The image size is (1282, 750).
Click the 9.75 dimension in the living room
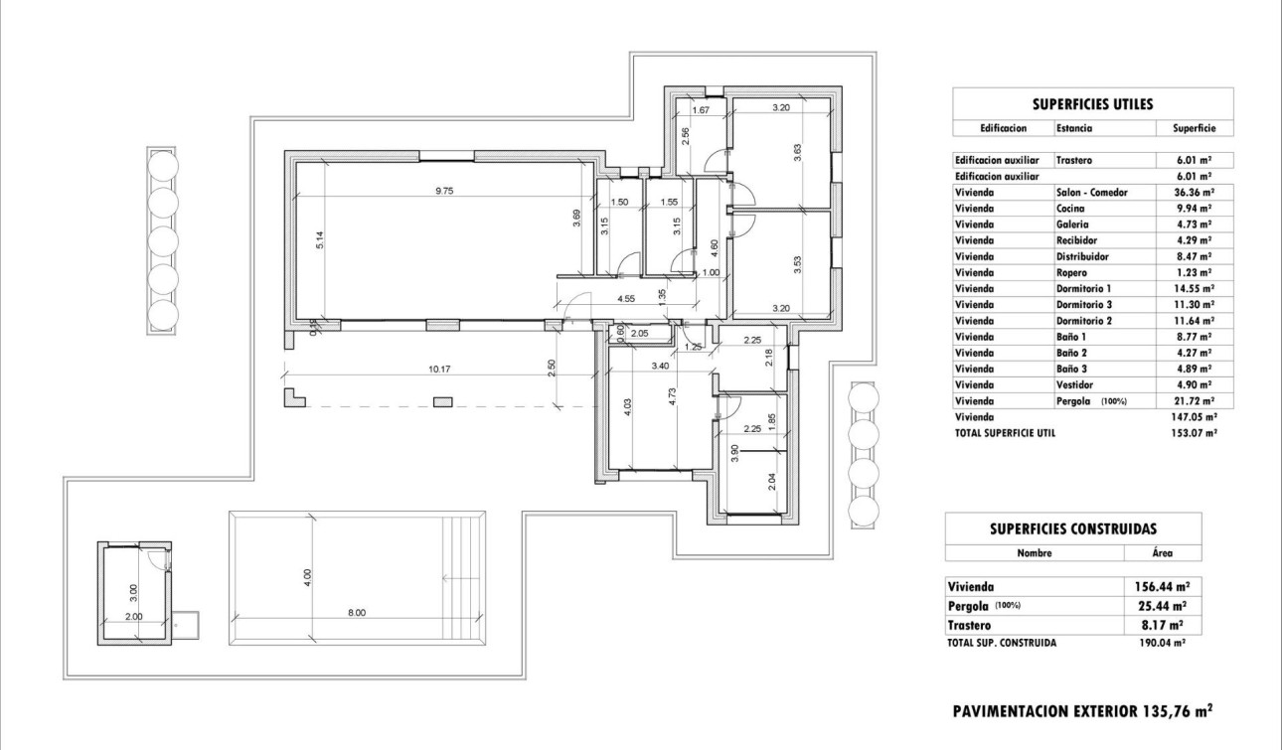pos(442,190)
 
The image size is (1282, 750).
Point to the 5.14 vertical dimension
pos(319,240)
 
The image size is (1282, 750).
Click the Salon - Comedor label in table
pos(1092,192)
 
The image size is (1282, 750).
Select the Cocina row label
pos(1070,209)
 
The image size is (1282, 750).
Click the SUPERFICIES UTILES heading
pos(1092,103)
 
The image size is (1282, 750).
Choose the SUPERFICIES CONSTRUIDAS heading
pos(1072,528)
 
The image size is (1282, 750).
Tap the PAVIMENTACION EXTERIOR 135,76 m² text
pos(1082,711)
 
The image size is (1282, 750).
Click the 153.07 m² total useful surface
pos(1194,433)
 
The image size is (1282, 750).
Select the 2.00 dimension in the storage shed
pos(133,616)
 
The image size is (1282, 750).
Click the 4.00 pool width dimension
pos(308,574)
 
